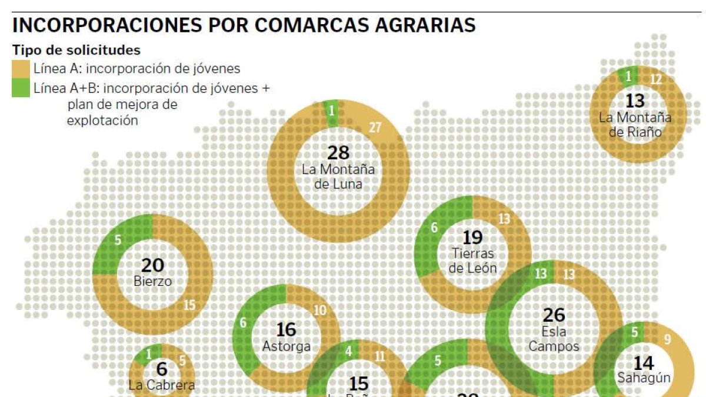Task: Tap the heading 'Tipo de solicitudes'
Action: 76,50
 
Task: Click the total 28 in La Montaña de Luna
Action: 338,153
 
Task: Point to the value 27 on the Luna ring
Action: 375,127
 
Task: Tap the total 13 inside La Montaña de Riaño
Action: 635,101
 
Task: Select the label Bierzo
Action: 153,281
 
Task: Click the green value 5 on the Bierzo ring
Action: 118,240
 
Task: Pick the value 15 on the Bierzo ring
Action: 189,305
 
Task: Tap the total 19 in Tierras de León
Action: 472,238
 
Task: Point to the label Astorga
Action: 287,346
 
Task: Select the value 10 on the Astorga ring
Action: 319,311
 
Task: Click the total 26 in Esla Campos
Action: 554,315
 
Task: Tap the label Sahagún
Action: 644,378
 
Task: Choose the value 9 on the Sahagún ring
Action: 667,339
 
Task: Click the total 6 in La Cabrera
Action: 162,369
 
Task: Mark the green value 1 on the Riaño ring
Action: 628,76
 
